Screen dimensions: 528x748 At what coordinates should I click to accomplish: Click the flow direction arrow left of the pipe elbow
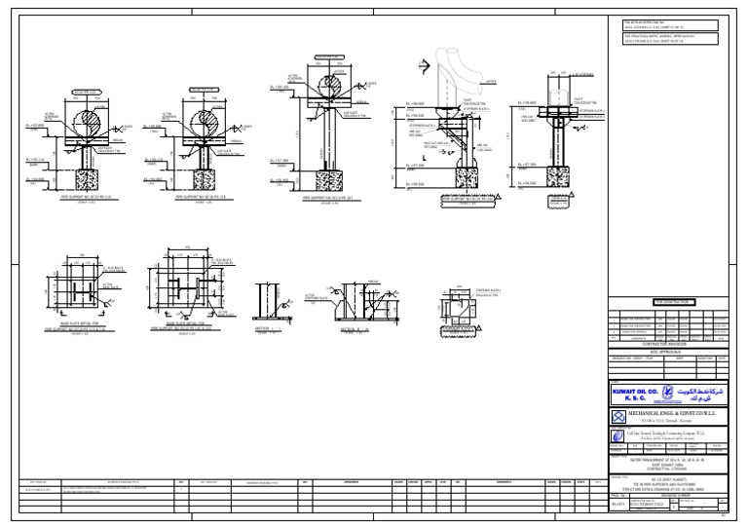click(x=424, y=66)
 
